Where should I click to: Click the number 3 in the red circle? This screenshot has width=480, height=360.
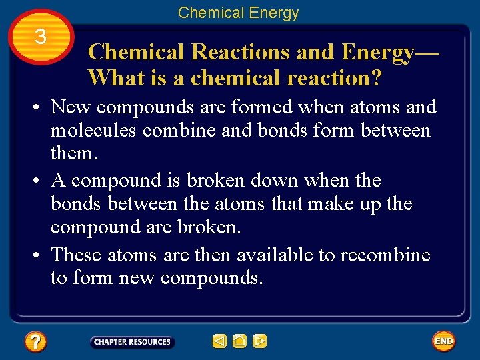point(41,37)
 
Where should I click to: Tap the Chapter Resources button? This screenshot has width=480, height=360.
point(132,342)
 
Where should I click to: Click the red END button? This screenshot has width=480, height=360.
point(443,341)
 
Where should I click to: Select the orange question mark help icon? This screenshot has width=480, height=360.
point(35,342)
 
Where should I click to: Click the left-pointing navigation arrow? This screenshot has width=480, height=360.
point(219,342)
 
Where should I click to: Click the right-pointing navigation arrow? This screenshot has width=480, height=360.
point(260,342)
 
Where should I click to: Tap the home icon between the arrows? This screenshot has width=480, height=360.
point(240,342)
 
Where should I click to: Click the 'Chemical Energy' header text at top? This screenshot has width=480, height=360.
point(238,13)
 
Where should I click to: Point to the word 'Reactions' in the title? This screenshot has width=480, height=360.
point(233,52)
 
